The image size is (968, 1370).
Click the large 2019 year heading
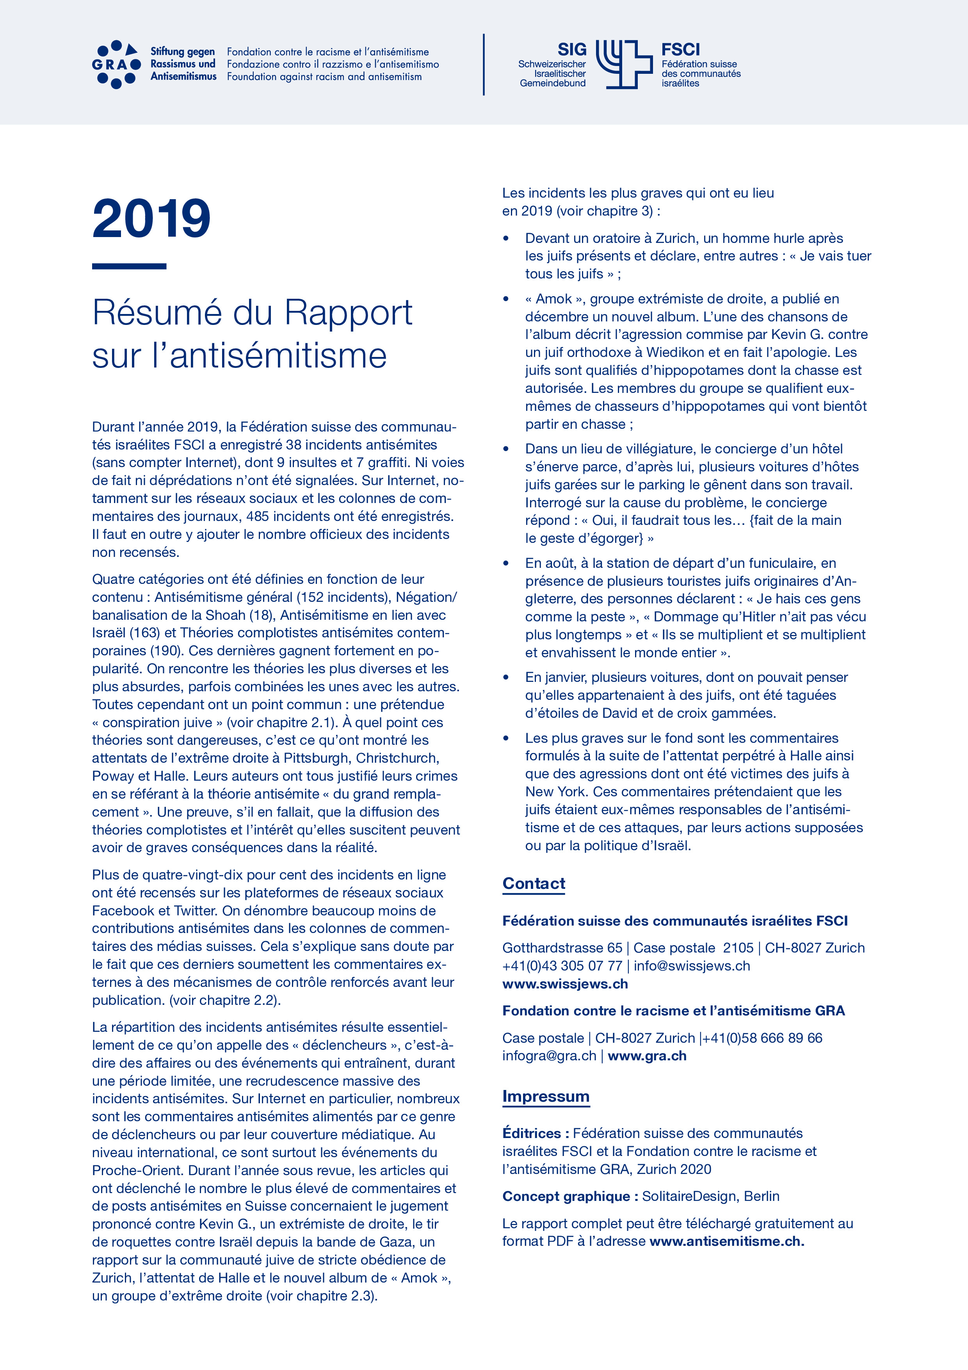pos(151,219)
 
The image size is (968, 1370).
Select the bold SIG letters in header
pos(571,50)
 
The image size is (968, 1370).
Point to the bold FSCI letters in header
pos(680,50)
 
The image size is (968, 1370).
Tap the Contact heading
pos(534,884)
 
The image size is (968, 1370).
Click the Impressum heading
pos(546,1096)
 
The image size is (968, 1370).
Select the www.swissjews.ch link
pos(565,984)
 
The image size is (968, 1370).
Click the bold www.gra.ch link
pos(647,1056)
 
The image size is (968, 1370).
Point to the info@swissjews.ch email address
pos(692,966)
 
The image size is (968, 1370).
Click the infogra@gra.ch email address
pos(549,1056)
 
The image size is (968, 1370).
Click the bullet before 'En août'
pos(506,563)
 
